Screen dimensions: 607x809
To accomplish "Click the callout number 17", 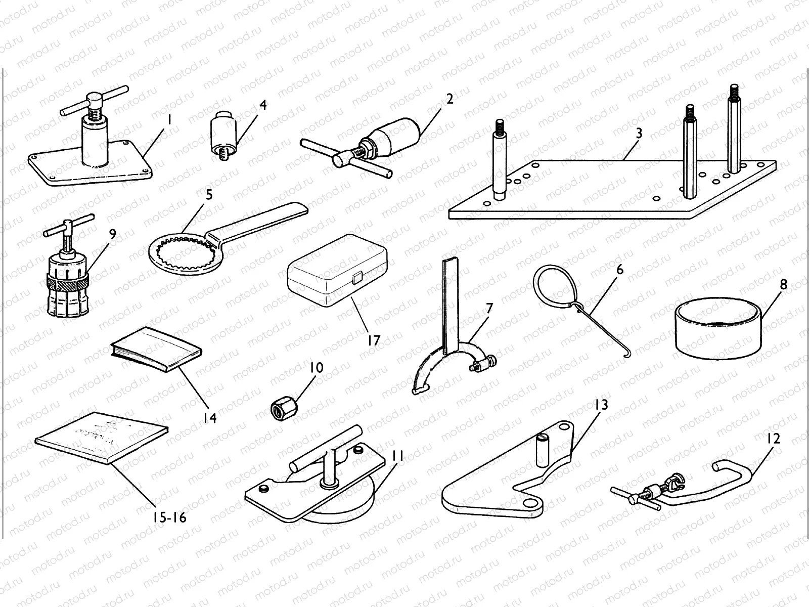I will click(373, 340).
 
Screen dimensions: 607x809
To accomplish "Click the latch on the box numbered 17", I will click(357, 277).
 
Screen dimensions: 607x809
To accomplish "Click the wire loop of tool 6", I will click(553, 287).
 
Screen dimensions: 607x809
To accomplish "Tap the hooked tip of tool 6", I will click(627, 352).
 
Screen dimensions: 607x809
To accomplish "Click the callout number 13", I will click(601, 405).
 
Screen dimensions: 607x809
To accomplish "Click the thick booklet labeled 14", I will click(156, 349).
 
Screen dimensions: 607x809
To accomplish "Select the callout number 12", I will click(774, 438).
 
